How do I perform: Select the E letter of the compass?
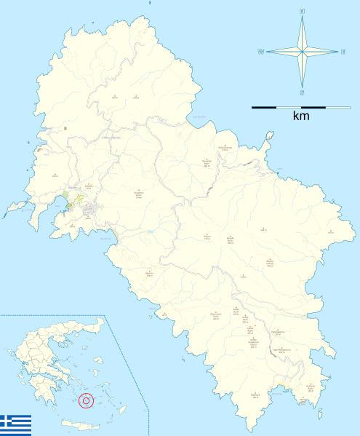343,52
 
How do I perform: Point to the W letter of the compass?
260,52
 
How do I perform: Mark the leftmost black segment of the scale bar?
263,107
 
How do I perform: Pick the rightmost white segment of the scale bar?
337,107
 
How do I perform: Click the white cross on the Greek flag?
7,419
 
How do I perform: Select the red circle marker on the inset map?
87,400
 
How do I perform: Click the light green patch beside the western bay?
70,200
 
